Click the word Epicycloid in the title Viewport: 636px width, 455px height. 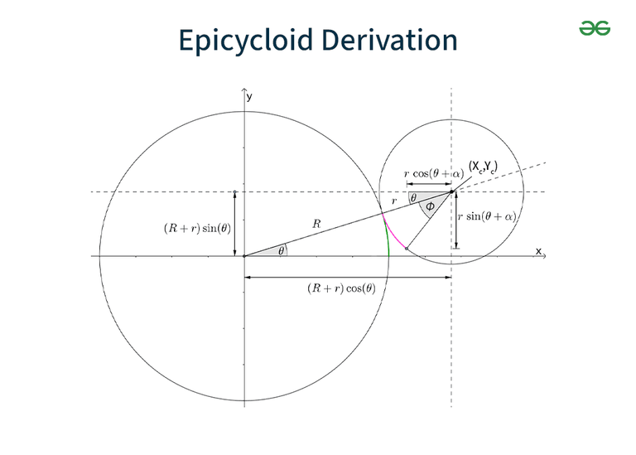(x=246, y=41)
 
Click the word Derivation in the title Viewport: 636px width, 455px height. (x=390, y=40)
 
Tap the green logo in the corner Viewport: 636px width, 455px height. (x=595, y=28)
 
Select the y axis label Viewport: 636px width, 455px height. (x=249, y=97)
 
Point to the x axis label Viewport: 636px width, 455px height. (x=538, y=251)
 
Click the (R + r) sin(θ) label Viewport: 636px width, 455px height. (x=198, y=229)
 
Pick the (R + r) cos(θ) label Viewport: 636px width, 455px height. (x=341, y=288)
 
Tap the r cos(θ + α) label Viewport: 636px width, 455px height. (x=434, y=174)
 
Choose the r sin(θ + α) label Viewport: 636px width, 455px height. (x=487, y=216)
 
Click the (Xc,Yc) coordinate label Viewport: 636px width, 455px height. (x=483, y=167)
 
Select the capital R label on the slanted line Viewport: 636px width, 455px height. (x=317, y=224)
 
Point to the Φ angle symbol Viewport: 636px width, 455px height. (x=430, y=206)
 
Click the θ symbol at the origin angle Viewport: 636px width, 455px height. (x=281, y=251)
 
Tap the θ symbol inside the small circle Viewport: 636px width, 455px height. (x=413, y=198)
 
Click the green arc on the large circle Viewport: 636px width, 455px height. (x=387, y=235)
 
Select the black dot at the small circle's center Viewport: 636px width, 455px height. (x=451, y=191)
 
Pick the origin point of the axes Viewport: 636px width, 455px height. (x=244, y=256)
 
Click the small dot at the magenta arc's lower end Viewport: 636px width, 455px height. (x=407, y=249)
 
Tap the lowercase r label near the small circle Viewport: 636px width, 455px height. (x=394, y=201)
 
